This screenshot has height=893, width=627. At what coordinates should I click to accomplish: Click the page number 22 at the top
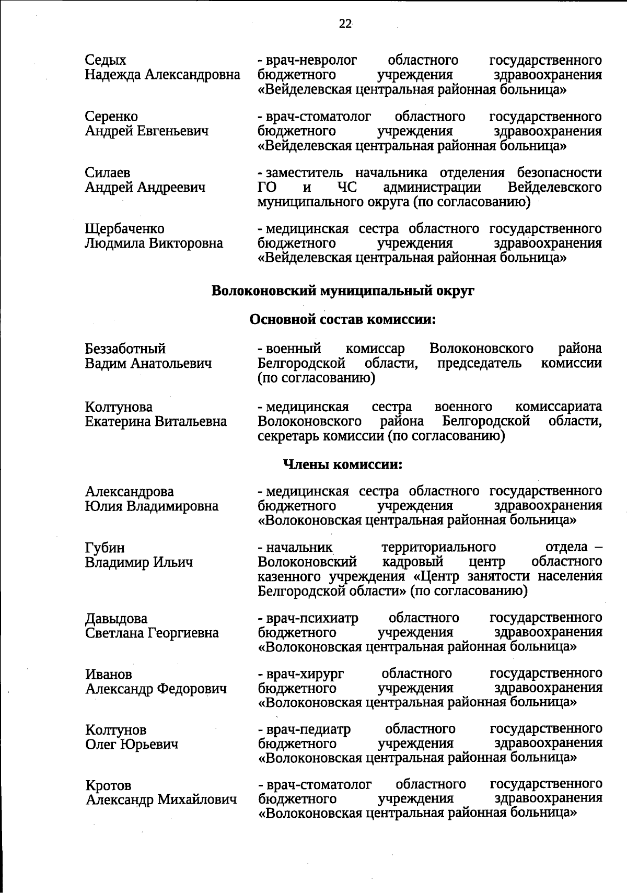pos(345,24)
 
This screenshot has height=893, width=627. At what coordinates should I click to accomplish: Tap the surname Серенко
pos(111,117)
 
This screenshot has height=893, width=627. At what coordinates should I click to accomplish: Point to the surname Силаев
pos(108,173)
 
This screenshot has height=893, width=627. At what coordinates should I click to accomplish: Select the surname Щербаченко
pos(124,229)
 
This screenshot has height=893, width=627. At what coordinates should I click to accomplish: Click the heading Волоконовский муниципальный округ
pos(343,291)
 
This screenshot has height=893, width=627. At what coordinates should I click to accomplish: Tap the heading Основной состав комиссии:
pos(343,319)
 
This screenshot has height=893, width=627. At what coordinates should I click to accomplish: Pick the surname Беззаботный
pos(125,349)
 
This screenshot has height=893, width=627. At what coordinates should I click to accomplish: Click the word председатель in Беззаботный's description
pos(479,363)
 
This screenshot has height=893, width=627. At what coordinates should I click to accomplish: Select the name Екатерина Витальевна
pos(156,422)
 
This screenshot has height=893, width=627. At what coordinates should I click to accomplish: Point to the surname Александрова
pos(130,492)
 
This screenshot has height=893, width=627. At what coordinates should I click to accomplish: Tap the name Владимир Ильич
pos(139,563)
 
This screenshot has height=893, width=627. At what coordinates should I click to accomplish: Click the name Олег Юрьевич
pos(132,744)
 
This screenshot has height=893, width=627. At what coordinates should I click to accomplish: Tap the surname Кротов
pos(108,785)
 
